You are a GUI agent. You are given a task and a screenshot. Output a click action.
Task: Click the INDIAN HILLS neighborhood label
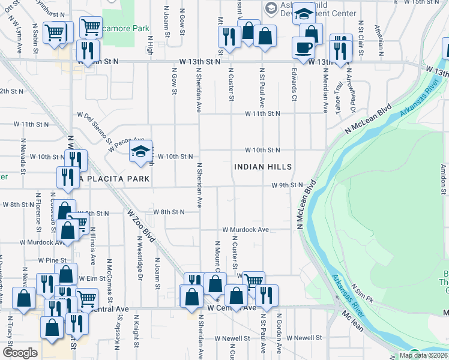[x=263, y=167]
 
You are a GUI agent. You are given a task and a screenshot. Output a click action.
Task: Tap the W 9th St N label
[x=287, y=185]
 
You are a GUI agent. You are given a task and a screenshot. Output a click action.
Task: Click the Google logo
[x=20, y=353]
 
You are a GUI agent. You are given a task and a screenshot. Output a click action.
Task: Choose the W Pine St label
[x=52, y=260]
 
